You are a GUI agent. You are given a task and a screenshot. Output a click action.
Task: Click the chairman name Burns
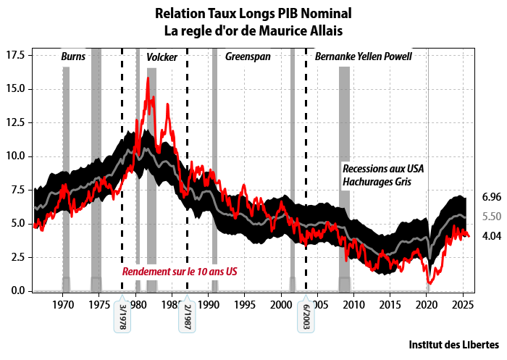coord(72,56)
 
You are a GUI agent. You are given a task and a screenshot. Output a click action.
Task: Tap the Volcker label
coord(162,56)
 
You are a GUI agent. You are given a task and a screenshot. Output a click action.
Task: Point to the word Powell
coord(395,56)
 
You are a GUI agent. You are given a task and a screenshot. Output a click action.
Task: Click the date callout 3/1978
coord(122,316)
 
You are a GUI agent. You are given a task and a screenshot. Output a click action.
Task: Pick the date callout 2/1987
coord(187,316)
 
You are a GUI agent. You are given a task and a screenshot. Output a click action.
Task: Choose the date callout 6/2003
coord(306,316)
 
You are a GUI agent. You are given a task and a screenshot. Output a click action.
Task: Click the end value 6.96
coord(492,197)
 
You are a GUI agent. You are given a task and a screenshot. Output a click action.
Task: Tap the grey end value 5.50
coord(492,216)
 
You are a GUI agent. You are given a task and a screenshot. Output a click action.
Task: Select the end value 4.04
coord(492,235)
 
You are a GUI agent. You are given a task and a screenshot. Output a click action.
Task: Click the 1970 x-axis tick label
coord(64,302)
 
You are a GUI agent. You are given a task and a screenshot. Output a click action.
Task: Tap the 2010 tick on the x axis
coord(354,302)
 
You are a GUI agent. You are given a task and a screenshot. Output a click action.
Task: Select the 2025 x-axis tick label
coord(463,302)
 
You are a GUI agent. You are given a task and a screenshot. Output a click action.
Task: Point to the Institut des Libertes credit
coord(453,343)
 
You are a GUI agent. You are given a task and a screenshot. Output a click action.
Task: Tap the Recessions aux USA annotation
coord(382,169)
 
